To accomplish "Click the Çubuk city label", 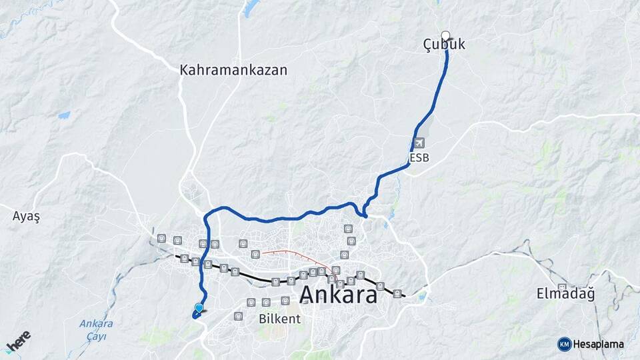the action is [444, 45].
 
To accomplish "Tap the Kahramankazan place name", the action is [233, 70].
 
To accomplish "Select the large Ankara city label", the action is [338, 294].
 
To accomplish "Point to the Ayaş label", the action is [27, 216].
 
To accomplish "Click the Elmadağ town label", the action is [566, 293].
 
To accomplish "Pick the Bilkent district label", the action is [279, 319].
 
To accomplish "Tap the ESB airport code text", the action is [419, 157].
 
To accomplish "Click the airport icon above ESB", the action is [419, 143].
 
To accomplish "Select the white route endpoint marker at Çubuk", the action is [445, 36].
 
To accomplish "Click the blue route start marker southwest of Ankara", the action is [199, 308].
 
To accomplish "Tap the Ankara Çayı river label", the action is [96, 329].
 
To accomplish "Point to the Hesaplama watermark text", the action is [598, 344].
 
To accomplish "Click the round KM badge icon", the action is [564, 344].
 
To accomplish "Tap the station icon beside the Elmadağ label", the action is [562, 287].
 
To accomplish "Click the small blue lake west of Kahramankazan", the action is [64, 115].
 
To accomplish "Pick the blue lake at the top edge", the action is [251, 8].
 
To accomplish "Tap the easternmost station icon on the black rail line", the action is [397, 293].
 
